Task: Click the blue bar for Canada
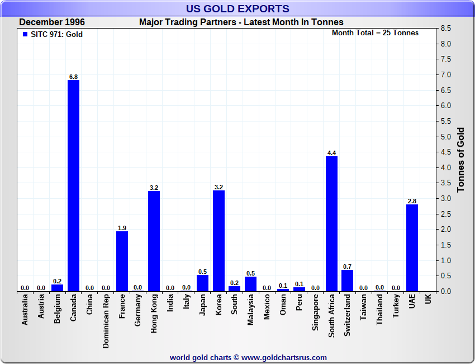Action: pyautogui.click(x=73, y=185)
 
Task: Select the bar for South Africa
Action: pyautogui.click(x=331, y=223)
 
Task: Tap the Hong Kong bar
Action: pyautogui.click(x=154, y=241)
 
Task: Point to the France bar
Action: pyautogui.click(x=122, y=261)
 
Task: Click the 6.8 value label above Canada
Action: pyautogui.click(x=73, y=77)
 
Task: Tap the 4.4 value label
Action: pyautogui.click(x=331, y=153)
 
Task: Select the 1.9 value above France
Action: pyautogui.click(x=122, y=228)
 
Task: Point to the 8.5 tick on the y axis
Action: pyautogui.click(x=446, y=28)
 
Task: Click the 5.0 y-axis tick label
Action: pyautogui.click(x=446, y=137)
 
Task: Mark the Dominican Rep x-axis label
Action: pyautogui.click(x=106, y=322)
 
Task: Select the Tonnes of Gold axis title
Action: pyautogui.click(x=461, y=160)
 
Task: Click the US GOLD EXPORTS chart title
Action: pyautogui.click(x=237, y=8)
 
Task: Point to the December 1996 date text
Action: pyautogui.click(x=52, y=22)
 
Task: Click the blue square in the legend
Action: pyautogui.click(x=25, y=34)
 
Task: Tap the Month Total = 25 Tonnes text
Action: pyautogui.click(x=375, y=32)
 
